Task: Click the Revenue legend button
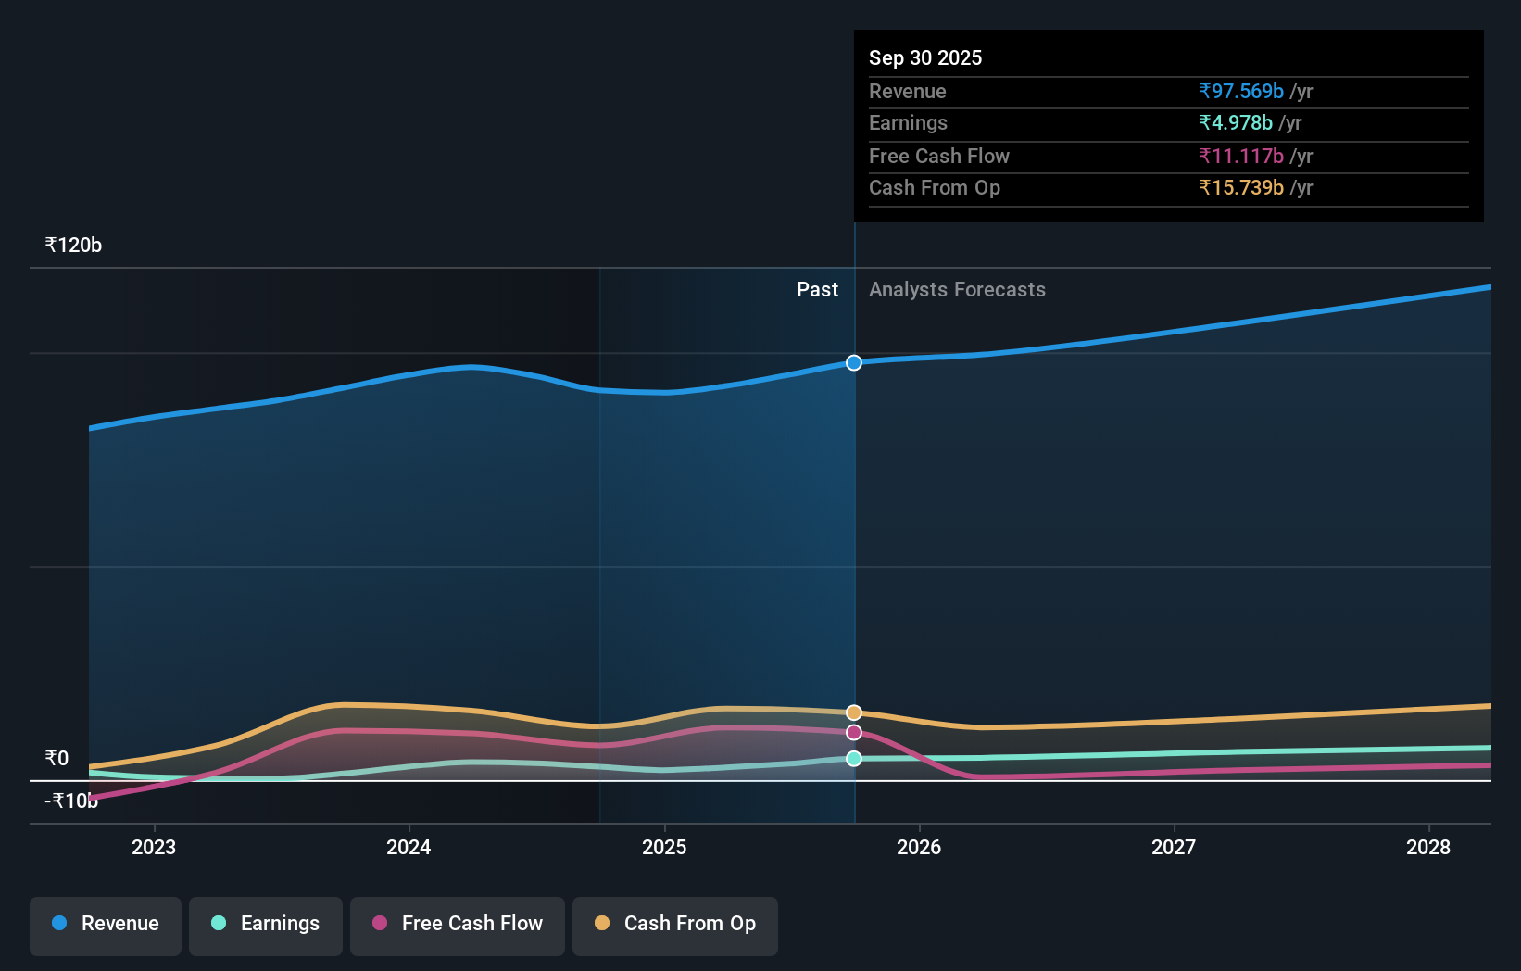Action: tap(106, 925)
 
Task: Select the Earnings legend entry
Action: tap(266, 925)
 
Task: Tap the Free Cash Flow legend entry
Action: tap(458, 925)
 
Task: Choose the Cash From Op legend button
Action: tap(675, 925)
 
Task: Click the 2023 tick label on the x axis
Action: tap(154, 847)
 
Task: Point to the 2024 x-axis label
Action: tap(409, 847)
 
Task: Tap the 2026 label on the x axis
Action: tap(919, 847)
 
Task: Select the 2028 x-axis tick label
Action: tap(1428, 847)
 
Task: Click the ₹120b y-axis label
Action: tap(73, 246)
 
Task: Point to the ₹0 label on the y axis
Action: tap(57, 759)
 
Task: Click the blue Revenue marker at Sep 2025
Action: tap(854, 362)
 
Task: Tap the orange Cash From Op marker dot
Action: tap(854, 712)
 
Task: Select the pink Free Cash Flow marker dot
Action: tap(854, 733)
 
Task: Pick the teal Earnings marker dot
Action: tap(854, 759)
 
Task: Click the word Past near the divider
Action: tap(817, 290)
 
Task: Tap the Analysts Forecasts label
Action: tap(957, 290)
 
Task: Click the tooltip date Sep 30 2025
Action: tap(925, 57)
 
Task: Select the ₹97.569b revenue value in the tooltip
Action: tap(1241, 92)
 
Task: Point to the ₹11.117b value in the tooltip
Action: tap(1241, 157)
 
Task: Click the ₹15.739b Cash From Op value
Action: tap(1241, 188)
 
